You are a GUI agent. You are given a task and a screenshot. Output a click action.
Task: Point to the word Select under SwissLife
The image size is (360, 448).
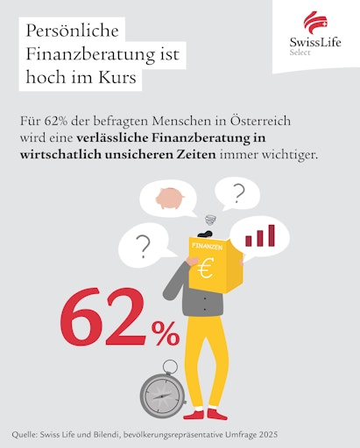pos(300,52)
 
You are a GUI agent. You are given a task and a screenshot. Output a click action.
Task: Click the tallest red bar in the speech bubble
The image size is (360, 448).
pos(271,234)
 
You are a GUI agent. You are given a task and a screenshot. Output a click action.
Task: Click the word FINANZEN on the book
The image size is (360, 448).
pos(207,248)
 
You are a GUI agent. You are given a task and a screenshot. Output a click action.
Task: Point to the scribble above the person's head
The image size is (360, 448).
pos(209,221)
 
